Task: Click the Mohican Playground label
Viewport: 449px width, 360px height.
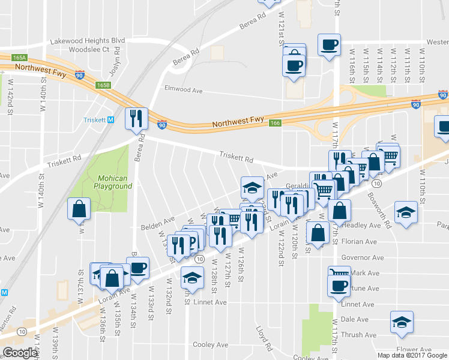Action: click(113, 182)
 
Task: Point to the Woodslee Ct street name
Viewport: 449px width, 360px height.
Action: click(89, 49)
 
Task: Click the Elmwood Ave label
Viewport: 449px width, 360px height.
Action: click(184, 89)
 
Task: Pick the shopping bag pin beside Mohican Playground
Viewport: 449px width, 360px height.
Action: click(79, 209)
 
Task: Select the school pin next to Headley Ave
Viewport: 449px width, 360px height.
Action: click(406, 212)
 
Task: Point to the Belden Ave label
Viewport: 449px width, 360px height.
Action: click(157, 224)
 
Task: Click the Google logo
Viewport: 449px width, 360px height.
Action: click(20, 353)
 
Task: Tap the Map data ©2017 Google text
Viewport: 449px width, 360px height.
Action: click(412, 355)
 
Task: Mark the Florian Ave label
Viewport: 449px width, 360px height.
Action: click(358, 242)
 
